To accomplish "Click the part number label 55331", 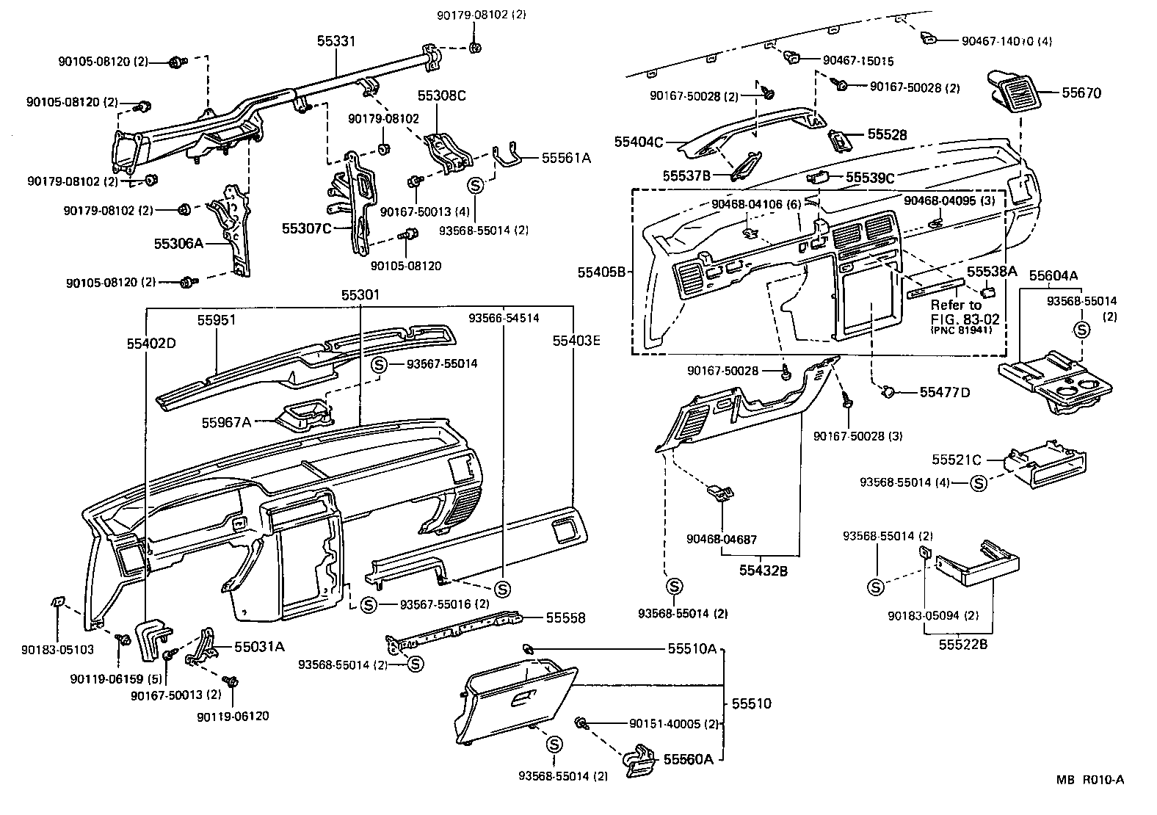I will [336, 41].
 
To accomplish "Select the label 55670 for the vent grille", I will [1081, 93].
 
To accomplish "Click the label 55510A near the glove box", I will [692, 649].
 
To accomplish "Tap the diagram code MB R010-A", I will [1090, 780].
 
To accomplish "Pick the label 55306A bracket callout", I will [178, 243].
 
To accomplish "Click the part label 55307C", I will [307, 228].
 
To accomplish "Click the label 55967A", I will [226, 422].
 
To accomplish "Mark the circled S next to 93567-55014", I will [379, 364].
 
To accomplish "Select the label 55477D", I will [944, 393].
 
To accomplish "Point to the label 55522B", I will [963, 645].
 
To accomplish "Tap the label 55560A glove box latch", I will [688, 759].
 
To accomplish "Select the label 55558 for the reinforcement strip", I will [565, 618].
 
